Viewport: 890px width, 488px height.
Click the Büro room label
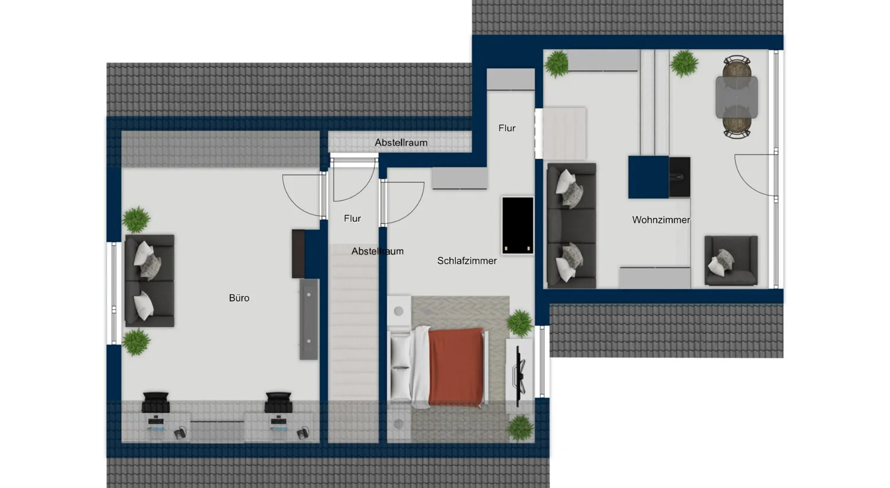coord(239,298)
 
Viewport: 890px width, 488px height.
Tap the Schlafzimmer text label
coord(467,261)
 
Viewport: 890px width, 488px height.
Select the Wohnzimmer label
coord(660,220)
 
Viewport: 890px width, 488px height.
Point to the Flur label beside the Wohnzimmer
coord(507,128)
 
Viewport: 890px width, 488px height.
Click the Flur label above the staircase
coord(352,218)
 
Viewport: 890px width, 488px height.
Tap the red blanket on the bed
coord(456,366)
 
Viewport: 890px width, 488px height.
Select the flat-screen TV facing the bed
coord(520,375)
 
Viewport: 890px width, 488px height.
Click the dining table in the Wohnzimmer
coord(736,97)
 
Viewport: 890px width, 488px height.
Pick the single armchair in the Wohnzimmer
coord(730,261)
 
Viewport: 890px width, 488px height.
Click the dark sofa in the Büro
coord(150,280)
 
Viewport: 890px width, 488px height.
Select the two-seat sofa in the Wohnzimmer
coord(571,226)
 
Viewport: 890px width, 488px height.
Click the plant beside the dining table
coord(684,63)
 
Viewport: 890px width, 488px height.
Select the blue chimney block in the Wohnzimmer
coord(649,177)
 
